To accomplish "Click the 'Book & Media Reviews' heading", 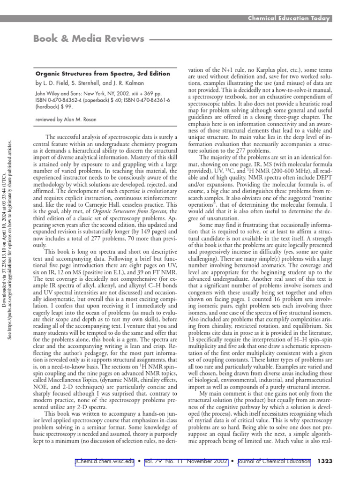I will pos(89,39).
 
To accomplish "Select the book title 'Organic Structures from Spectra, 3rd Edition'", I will pos(103,74).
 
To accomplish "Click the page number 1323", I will pos(325,462).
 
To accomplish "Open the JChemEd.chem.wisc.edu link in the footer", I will pos(105,462).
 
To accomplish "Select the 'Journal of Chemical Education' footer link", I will pos(273,462).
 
